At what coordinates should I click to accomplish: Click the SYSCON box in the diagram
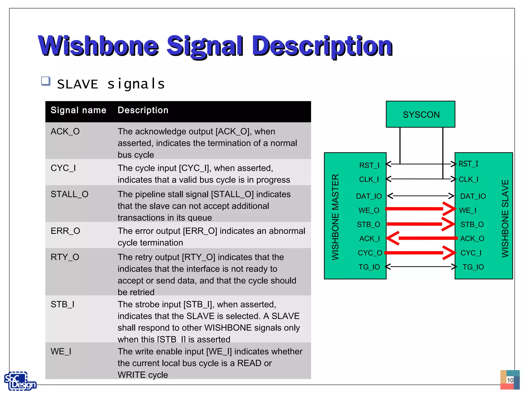(420, 114)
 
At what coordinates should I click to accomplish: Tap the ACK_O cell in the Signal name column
(65, 132)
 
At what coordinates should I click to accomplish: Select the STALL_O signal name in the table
(69, 194)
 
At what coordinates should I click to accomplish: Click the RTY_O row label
(65, 257)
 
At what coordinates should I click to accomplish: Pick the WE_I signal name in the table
(61, 352)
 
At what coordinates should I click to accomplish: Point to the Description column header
(143, 110)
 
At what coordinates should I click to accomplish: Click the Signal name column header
(78, 110)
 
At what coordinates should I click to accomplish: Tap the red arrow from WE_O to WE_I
(420, 209)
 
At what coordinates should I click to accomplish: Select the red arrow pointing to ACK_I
(422, 238)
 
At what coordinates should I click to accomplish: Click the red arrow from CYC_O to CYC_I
(420, 253)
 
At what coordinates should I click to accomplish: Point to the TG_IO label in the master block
(369, 267)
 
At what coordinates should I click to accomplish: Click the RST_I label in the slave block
(468, 164)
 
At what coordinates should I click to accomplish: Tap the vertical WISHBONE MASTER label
(335, 217)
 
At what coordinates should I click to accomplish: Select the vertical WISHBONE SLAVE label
(505, 218)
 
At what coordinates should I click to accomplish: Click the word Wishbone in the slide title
(99, 46)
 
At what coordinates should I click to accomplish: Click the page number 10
(510, 380)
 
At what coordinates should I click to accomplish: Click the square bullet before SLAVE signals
(46, 81)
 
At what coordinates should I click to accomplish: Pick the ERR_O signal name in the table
(65, 231)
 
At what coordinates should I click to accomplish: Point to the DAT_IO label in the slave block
(473, 196)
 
